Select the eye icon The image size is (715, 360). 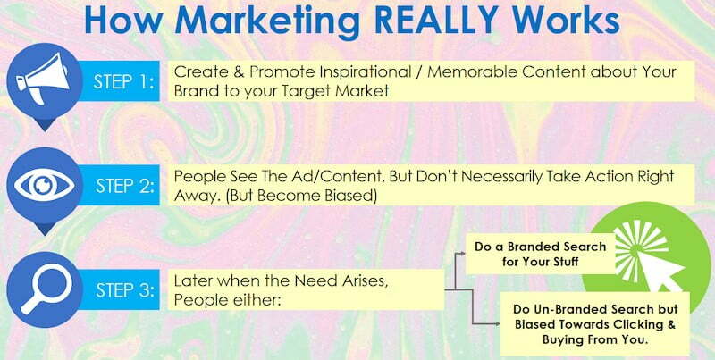click(x=42, y=185)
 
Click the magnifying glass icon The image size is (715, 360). click(x=42, y=287)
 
